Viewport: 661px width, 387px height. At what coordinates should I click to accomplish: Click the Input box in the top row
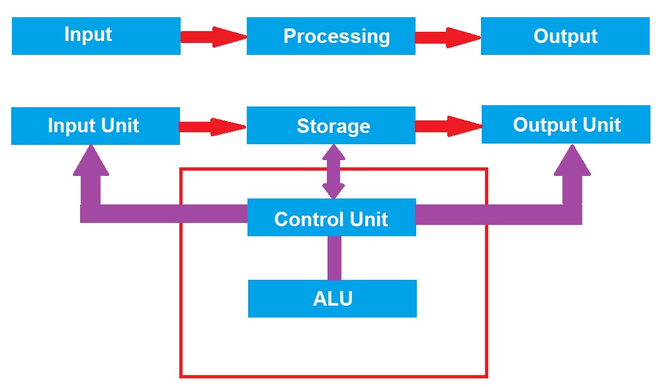(x=96, y=36)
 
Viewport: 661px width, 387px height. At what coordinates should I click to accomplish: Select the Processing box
(x=331, y=36)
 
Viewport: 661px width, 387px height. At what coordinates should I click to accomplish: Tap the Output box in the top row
(x=565, y=36)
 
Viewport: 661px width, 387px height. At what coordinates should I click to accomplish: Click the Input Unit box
(x=95, y=126)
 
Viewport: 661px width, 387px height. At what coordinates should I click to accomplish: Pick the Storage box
(x=331, y=126)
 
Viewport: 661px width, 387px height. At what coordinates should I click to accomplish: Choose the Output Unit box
(x=566, y=124)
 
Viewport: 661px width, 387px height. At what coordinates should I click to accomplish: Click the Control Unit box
(x=331, y=218)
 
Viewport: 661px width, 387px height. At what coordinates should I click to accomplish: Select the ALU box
(x=332, y=298)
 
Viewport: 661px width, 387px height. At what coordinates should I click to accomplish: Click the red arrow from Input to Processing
(x=213, y=36)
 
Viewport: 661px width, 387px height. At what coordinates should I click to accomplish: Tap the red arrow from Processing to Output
(x=448, y=37)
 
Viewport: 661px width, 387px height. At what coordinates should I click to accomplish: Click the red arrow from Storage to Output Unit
(x=448, y=126)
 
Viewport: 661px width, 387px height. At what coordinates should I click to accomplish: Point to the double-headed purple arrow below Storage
(x=333, y=171)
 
